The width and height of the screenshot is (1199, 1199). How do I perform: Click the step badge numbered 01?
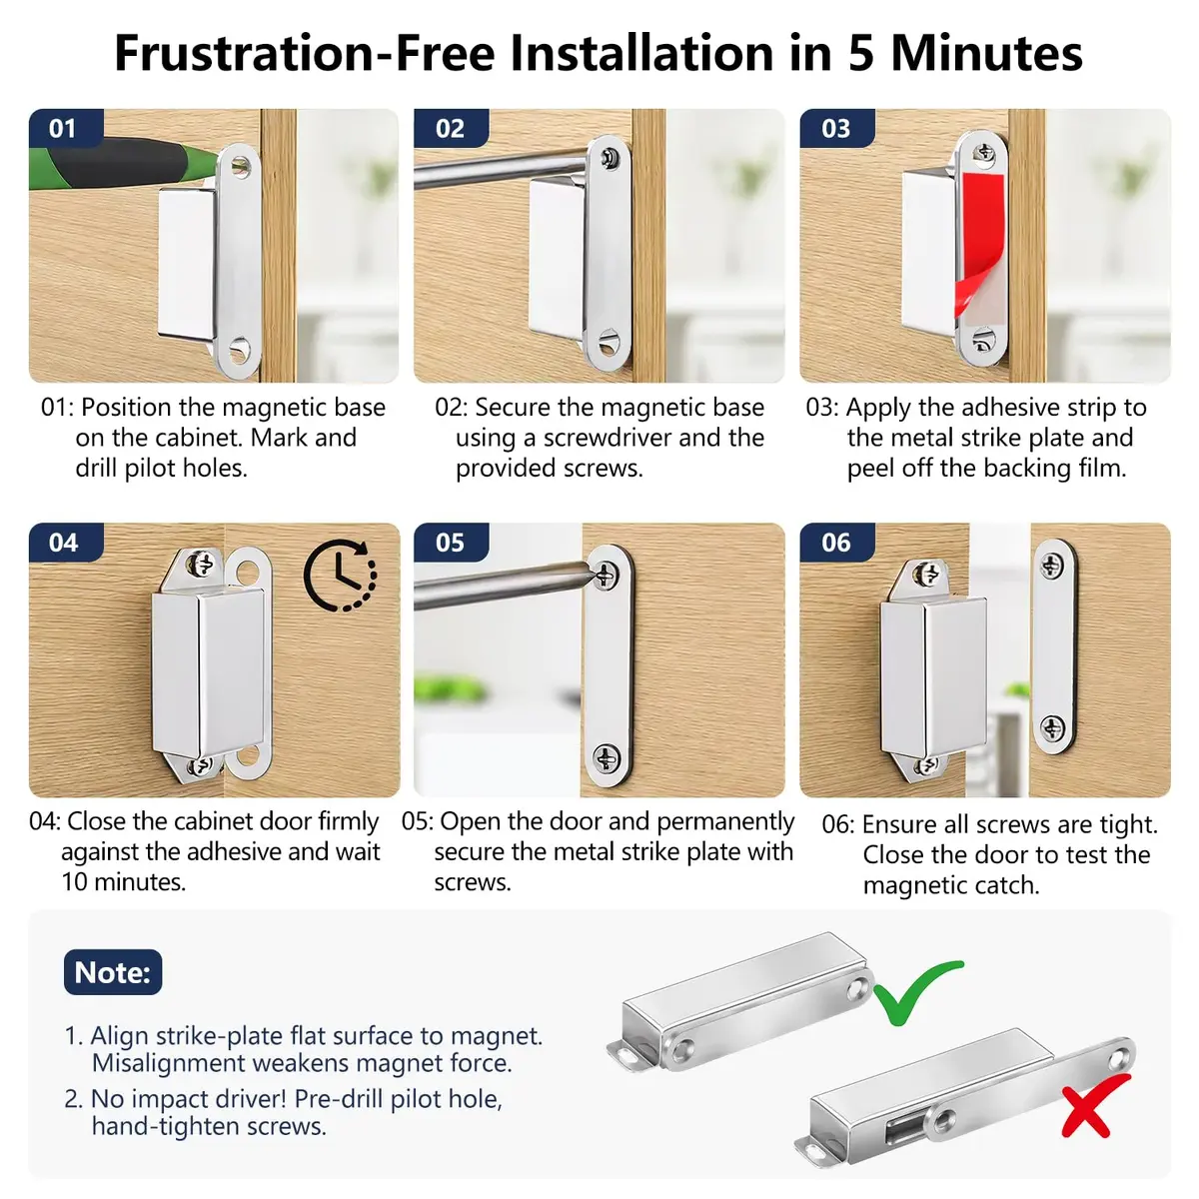(65, 128)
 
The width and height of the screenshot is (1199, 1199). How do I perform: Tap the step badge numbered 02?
(451, 128)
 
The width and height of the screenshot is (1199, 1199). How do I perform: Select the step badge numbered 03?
(836, 128)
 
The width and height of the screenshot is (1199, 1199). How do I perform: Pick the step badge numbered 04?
(65, 543)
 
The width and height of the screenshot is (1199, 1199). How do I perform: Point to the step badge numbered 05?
(451, 543)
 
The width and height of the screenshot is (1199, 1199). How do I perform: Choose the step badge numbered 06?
(836, 543)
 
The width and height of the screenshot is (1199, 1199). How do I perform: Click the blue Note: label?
(113, 972)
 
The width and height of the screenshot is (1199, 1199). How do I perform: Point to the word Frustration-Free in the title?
(304, 54)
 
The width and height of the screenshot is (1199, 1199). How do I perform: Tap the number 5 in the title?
(861, 54)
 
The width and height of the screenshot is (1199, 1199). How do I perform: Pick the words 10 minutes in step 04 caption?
(123, 881)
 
